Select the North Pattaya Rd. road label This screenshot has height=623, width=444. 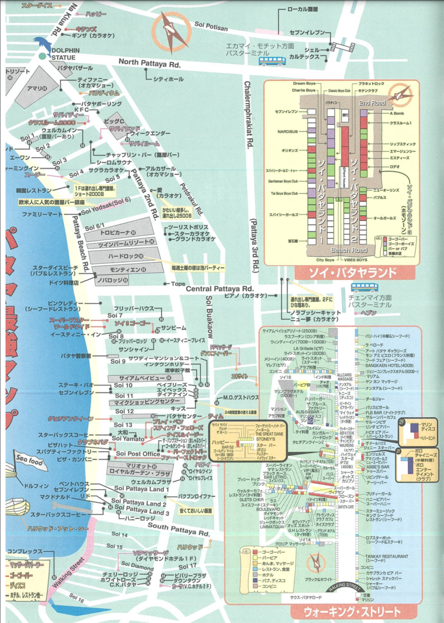(x=149, y=62)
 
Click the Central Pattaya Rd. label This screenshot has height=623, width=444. (x=219, y=289)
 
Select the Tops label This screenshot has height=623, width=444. (x=178, y=284)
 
